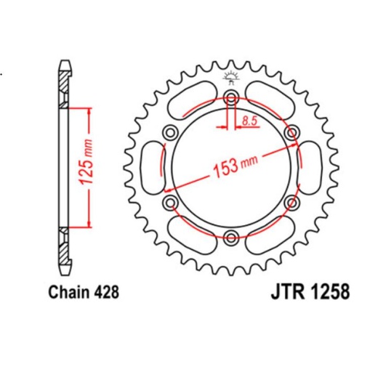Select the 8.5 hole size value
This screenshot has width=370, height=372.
pyautogui.click(x=249, y=121)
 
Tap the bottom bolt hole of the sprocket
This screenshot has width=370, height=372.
pyautogui.click(x=231, y=235)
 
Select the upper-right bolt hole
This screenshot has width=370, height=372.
pyautogui.click(x=291, y=132)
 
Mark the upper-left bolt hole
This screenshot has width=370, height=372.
pyautogui.click(x=172, y=132)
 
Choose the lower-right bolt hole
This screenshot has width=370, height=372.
pyautogui.click(x=291, y=201)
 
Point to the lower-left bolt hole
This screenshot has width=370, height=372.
pyautogui.click(x=172, y=201)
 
